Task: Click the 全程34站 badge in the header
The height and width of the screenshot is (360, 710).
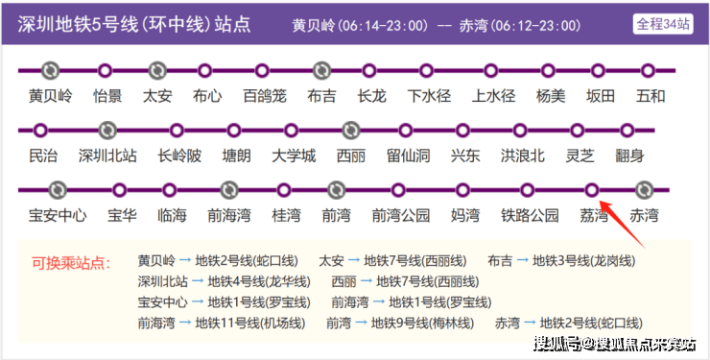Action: pyautogui.click(x=663, y=24)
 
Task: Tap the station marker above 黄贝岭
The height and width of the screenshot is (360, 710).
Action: pyautogui.click(x=50, y=71)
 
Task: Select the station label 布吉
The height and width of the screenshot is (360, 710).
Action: pyautogui.click(x=321, y=96)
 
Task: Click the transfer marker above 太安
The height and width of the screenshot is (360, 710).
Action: pyautogui.click(x=157, y=71)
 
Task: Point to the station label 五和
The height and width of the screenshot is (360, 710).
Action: pyautogui.click(x=651, y=96)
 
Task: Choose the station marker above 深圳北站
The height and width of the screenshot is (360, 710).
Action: pyautogui.click(x=107, y=131)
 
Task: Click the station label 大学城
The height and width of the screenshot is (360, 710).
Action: pyautogui.click(x=294, y=156)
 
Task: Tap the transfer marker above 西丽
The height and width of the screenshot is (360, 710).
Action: pyautogui.click(x=350, y=131)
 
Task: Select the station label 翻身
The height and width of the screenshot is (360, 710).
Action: pyautogui.click(x=629, y=156)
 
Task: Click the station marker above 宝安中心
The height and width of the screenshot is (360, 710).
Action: pyautogui.click(x=58, y=190)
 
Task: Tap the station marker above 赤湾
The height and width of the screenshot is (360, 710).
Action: pyautogui.click(x=644, y=190)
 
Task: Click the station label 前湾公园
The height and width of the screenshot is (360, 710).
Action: pyautogui.click(x=401, y=216)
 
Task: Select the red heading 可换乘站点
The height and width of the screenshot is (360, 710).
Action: pyautogui.click(x=71, y=263)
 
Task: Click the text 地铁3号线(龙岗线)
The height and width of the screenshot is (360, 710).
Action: pyautogui.click(x=583, y=261)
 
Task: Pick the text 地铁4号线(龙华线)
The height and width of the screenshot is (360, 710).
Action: pyautogui.click(x=259, y=281)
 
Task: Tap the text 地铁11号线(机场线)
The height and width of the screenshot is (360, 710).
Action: pyautogui.click(x=250, y=324)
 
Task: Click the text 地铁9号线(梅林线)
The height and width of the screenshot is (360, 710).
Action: pyautogui.click(x=422, y=324)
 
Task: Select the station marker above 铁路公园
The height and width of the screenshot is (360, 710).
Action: pyautogui.click(x=527, y=190)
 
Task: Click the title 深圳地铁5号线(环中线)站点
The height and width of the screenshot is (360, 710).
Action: pyautogui.click(x=134, y=24)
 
